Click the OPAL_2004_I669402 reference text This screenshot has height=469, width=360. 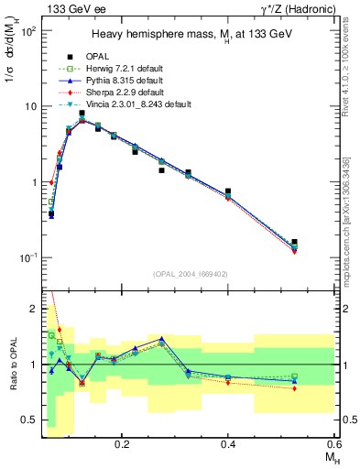191,273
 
